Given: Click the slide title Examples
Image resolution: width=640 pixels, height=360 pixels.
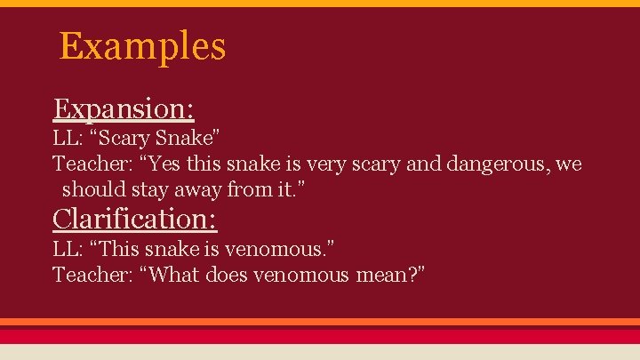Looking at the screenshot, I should pyautogui.click(x=142, y=46).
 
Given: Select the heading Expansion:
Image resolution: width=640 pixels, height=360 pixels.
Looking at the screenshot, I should pyautogui.click(x=124, y=108).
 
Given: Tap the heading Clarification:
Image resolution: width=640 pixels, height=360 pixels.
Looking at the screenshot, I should pyautogui.click(x=135, y=218).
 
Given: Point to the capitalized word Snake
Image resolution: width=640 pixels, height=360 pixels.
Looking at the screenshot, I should pyautogui.click(x=188, y=140).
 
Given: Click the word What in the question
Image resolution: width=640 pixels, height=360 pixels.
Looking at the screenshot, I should pyautogui.click(x=174, y=275).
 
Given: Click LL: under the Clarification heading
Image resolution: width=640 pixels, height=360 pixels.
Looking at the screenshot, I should pyautogui.click(x=69, y=250).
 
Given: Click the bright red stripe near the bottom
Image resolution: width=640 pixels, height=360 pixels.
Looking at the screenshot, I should pyautogui.click(x=320, y=335).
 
